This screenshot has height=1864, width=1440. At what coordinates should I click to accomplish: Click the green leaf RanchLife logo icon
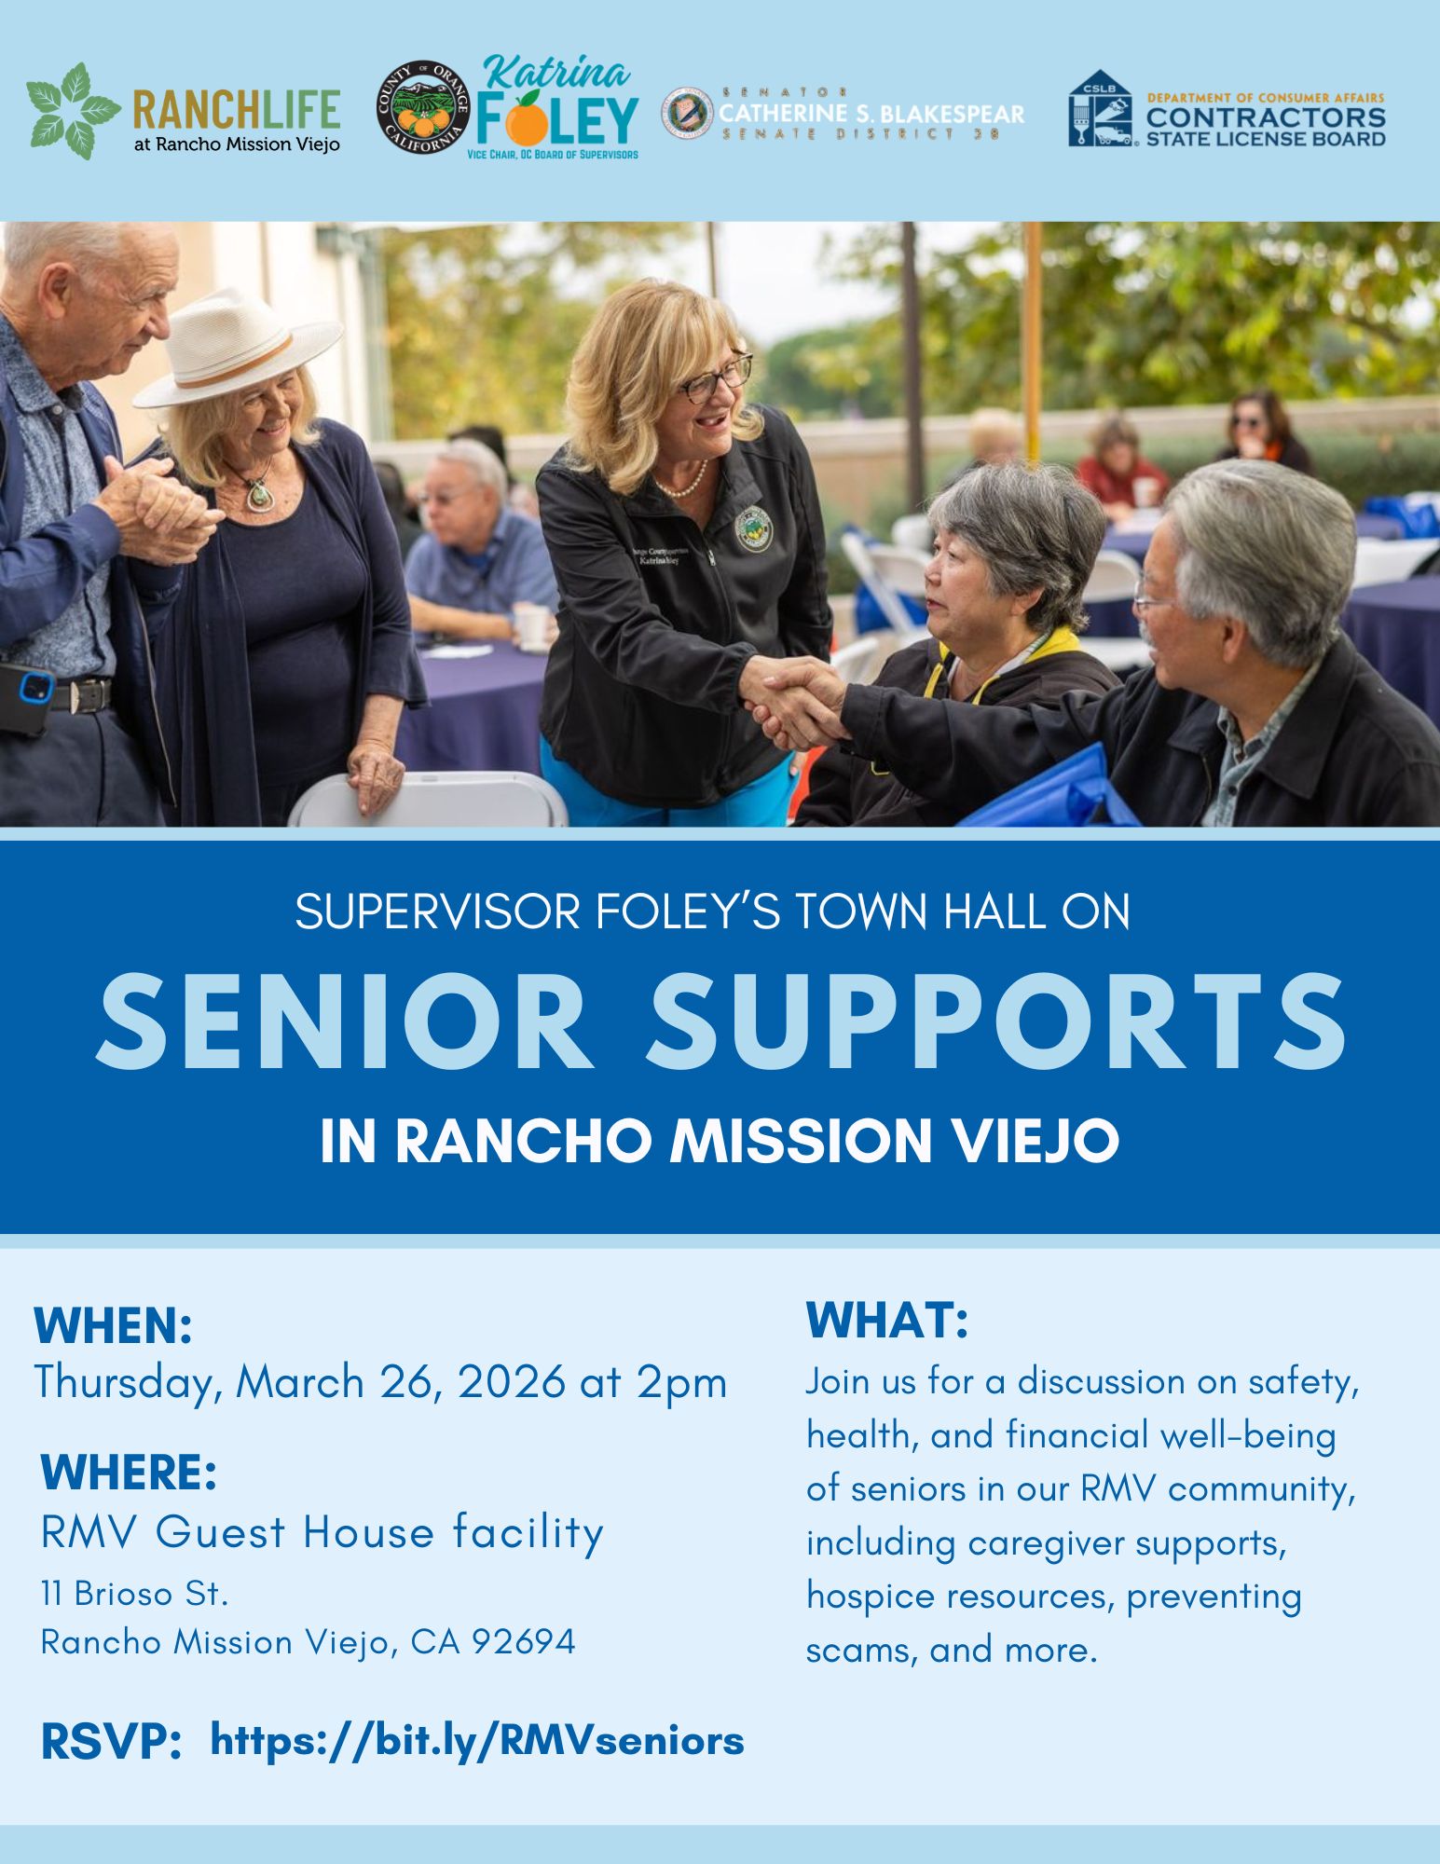pyautogui.click(x=73, y=111)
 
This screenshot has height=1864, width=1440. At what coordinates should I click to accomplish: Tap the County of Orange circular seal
pyautogui.click(x=422, y=110)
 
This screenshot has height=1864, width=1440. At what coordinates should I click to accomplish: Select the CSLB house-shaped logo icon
pyautogui.click(x=1100, y=109)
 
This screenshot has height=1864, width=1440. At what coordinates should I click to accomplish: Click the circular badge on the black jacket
pyautogui.click(x=749, y=527)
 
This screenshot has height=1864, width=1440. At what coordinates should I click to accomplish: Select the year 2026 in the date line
pyautogui.click(x=511, y=1381)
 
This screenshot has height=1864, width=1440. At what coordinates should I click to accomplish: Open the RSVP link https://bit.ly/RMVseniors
pyautogui.click(x=477, y=1740)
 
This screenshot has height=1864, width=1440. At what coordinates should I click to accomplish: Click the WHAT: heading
pyautogui.click(x=886, y=1321)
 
